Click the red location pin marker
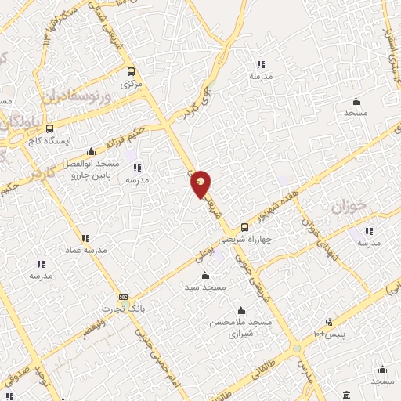(201, 183)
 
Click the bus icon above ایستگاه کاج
(50, 129)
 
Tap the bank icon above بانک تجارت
(123, 297)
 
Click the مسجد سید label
(205, 287)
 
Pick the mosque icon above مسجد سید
(205, 275)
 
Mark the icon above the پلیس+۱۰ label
(330, 321)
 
